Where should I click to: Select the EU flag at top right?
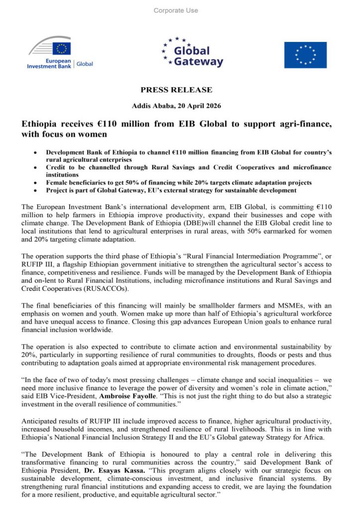pyautogui.click(x=305, y=55)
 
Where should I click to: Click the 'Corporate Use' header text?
pyautogui.click(x=176, y=10)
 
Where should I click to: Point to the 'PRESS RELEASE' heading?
pyautogui.click(x=176, y=90)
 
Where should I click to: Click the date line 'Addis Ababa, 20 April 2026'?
pyautogui.click(x=176, y=106)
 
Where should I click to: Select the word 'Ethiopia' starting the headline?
pyautogui.click(x=40, y=124)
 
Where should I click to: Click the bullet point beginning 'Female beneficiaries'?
pyautogui.click(x=179, y=183)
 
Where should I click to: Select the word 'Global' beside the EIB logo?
pyautogui.click(x=85, y=64)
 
